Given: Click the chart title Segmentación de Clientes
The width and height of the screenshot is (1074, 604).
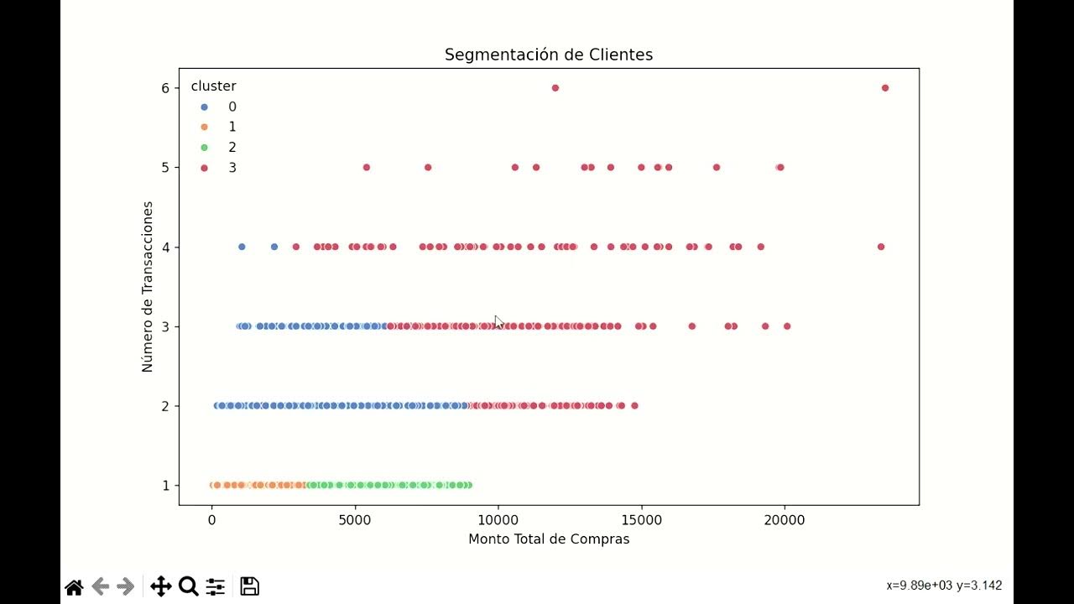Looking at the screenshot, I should [548, 55].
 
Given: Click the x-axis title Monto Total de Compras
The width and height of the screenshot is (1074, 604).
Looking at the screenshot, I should [548, 539].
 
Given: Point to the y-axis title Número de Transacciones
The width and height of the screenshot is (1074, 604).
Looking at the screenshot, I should [148, 286].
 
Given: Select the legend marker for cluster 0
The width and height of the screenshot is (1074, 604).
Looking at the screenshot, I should [204, 107].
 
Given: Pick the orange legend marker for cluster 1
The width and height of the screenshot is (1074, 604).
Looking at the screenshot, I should [204, 128].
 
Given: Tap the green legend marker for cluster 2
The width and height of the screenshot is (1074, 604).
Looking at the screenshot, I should [204, 148].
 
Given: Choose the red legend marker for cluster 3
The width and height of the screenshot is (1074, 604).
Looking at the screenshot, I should [204, 168].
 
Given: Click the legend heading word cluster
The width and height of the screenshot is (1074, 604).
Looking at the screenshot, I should [213, 86].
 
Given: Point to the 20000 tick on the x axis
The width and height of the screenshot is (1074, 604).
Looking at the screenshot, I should [785, 520].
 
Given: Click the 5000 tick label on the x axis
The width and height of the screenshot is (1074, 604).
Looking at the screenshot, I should [355, 520].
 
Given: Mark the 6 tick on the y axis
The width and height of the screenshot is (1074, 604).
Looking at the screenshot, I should [165, 88].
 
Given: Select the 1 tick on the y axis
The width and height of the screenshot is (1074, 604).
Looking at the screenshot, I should [165, 486].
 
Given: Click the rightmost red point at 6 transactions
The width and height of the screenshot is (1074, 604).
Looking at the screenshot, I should [884, 88].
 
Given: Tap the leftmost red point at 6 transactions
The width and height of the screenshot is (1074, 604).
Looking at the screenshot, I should [555, 88].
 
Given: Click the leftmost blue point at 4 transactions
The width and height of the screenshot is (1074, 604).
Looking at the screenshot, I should [242, 247].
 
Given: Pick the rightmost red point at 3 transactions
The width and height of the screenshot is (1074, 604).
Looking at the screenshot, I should [787, 326].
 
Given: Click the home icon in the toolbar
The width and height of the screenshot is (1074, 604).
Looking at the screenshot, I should [74, 586].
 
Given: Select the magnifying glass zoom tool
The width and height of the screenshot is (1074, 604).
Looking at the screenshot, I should [188, 586].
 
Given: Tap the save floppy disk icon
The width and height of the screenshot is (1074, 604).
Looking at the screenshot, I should [249, 586].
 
